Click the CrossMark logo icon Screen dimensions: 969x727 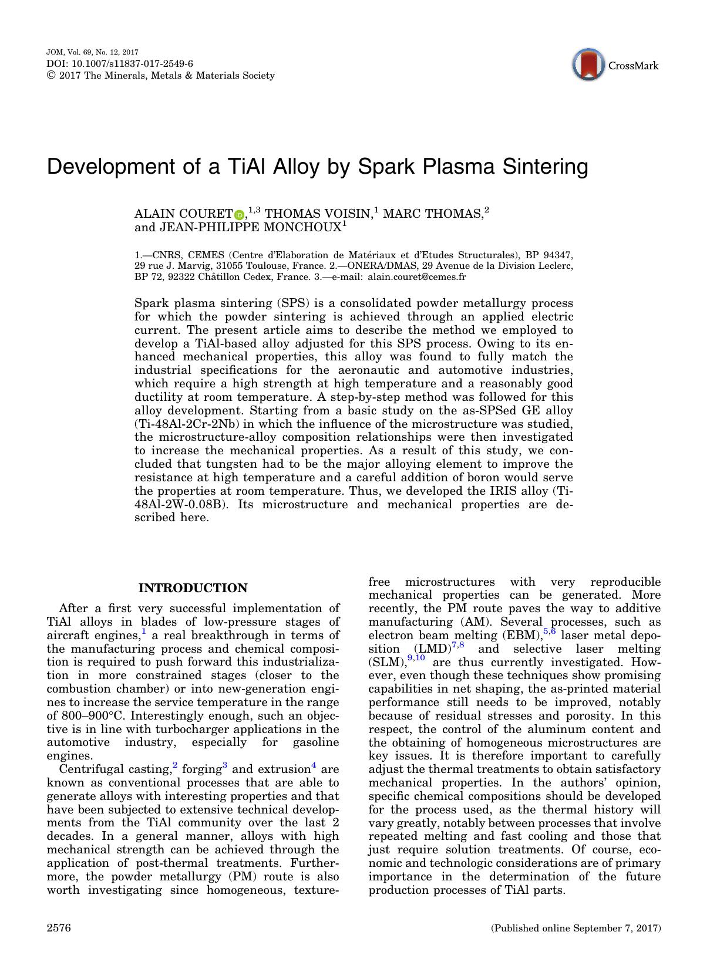[588, 65]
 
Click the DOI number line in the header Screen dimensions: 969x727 [120, 64]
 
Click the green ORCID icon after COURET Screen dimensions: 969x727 [240, 215]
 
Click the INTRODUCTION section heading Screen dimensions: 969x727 [193, 588]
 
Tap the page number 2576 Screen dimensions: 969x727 [59, 928]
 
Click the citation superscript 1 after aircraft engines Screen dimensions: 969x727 [144, 632]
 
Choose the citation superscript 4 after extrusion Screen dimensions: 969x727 [314, 765]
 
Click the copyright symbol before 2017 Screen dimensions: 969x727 [50, 76]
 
